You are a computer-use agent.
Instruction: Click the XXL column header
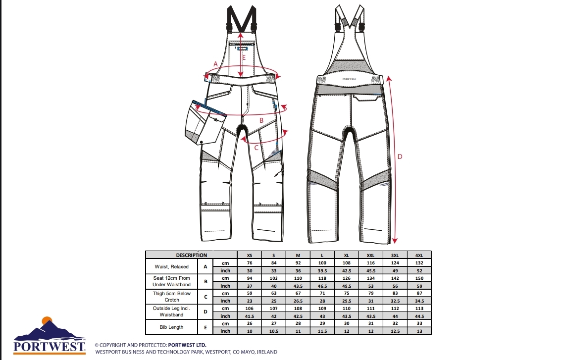point(370,256)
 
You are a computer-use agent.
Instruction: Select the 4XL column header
point(419,256)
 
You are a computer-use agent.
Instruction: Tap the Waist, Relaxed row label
point(171,266)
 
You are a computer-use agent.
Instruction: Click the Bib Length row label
point(171,327)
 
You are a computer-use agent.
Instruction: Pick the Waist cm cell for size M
point(298,263)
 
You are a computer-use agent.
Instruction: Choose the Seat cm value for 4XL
point(419,278)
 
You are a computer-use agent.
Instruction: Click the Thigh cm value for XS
point(249,293)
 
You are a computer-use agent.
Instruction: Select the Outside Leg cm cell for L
point(322,309)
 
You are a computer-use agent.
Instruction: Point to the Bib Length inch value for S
point(274,331)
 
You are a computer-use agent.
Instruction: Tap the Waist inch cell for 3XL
point(395,271)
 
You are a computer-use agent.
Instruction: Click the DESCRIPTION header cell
point(191,255)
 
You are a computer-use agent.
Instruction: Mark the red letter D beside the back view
point(400,157)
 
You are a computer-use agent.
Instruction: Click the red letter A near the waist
point(216,64)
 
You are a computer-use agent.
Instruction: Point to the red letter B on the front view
point(261,120)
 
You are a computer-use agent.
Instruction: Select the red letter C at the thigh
point(256,148)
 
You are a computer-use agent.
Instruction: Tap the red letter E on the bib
point(244,57)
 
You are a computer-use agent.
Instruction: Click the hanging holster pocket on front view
point(205,123)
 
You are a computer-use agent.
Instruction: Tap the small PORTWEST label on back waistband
point(349,79)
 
